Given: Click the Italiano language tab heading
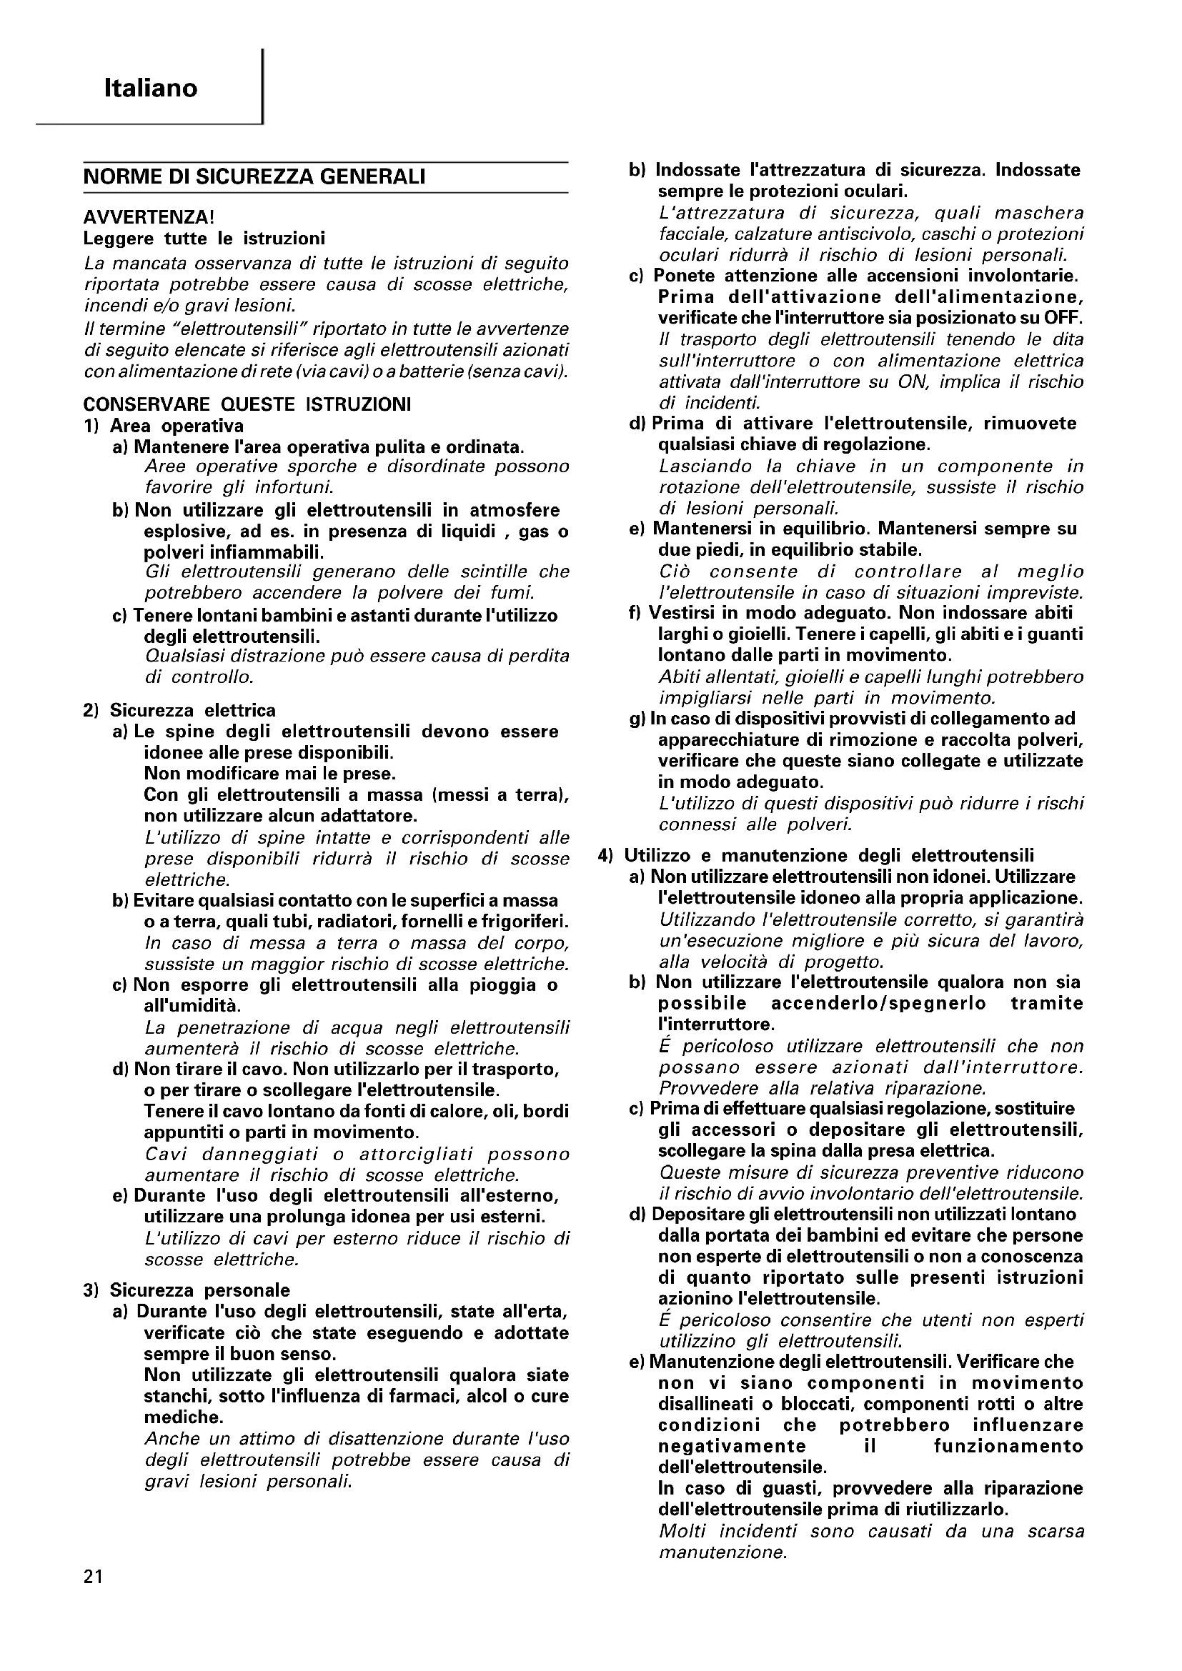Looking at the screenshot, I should tap(151, 89).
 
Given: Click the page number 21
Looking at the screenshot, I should tap(93, 1597).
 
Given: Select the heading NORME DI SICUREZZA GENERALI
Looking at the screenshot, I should tap(254, 177).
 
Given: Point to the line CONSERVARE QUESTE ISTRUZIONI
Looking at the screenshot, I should tap(247, 404).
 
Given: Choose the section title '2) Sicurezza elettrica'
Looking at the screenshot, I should tap(180, 710).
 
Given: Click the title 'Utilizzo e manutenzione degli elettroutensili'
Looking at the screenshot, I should tap(829, 856).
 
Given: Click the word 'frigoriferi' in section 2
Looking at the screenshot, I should tap(526, 922).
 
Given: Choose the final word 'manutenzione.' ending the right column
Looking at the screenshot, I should tap(722, 1553).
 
